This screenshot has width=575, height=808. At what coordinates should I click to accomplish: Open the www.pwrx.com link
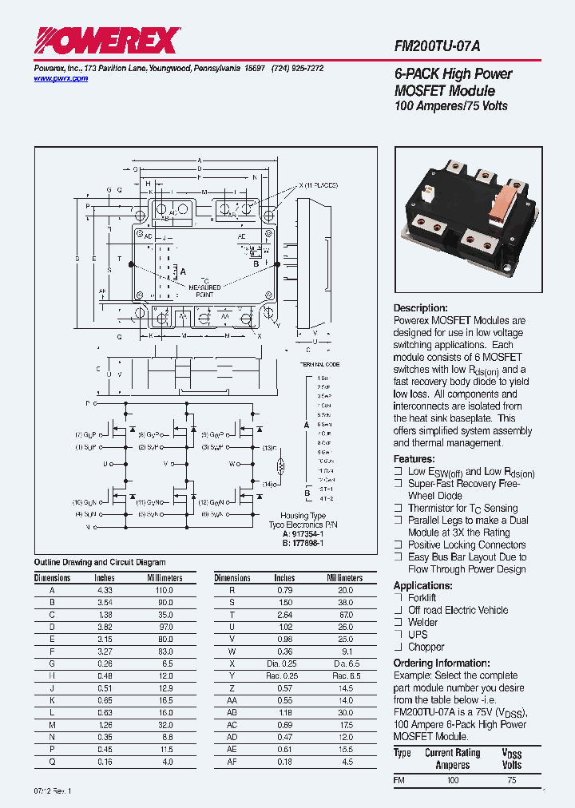[61, 78]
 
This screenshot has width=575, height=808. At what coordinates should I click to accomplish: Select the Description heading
[421, 308]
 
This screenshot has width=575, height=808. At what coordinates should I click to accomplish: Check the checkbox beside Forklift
[398, 597]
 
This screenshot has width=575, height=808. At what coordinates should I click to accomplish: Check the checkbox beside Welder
[398, 622]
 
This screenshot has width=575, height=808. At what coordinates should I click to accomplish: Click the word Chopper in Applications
[426, 647]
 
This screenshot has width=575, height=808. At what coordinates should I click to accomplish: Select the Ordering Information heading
[444, 663]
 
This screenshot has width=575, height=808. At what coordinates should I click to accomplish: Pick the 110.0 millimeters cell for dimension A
[165, 589]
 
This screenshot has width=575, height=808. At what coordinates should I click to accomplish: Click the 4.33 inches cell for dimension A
[105, 589]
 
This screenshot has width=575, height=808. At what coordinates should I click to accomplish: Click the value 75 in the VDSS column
[510, 780]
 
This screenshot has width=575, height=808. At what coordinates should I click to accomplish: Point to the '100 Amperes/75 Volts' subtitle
[451, 106]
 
